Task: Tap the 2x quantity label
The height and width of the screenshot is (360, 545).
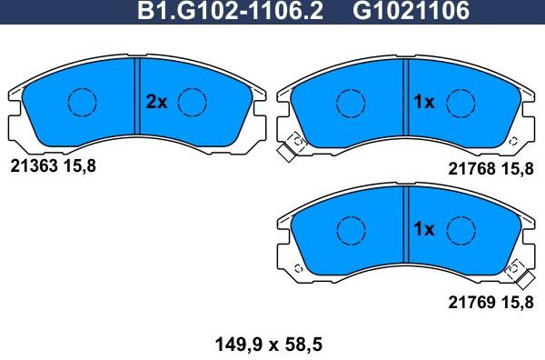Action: pyautogui.click(x=156, y=103)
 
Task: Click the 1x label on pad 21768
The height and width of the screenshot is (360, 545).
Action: pyautogui.click(x=424, y=103)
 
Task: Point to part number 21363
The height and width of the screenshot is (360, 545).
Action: pyautogui.click(x=33, y=165)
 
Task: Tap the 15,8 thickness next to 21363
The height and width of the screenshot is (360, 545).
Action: pyautogui.click(x=78, y=165)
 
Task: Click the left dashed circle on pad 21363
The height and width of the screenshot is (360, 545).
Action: pyautogui.click(x=83, y=103)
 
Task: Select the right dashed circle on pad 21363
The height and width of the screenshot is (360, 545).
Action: pyautogui.click(x=193, y=103)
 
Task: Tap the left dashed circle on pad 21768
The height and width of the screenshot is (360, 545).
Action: pyautogui.click(x=350, y=103)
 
